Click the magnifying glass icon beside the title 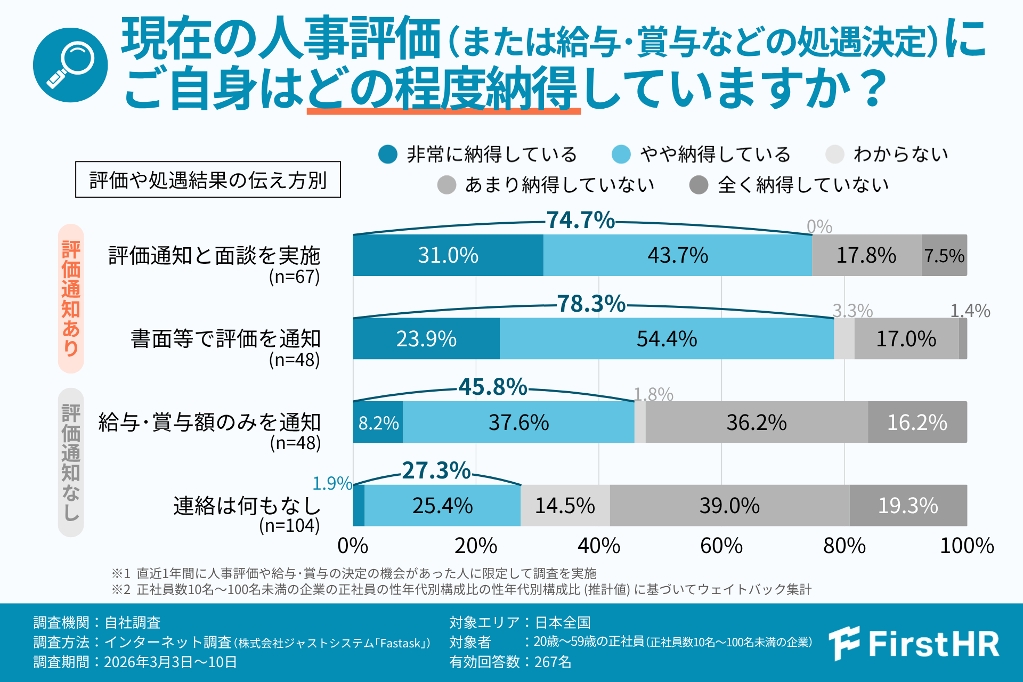70,65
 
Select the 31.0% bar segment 448,255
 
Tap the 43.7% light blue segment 678,255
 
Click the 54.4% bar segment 667,339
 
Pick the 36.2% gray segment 757,422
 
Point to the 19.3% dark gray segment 908,506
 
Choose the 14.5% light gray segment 565,506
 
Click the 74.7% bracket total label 581,220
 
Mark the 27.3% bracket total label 436,470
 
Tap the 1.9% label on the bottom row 332,483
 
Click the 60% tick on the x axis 721,546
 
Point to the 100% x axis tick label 967,546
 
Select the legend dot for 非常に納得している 388,155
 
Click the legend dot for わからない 834,155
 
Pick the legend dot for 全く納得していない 699,185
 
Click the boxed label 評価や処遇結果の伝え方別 208,180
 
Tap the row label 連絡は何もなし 247,506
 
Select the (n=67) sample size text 294,277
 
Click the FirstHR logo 914,643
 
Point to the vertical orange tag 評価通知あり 71,298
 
